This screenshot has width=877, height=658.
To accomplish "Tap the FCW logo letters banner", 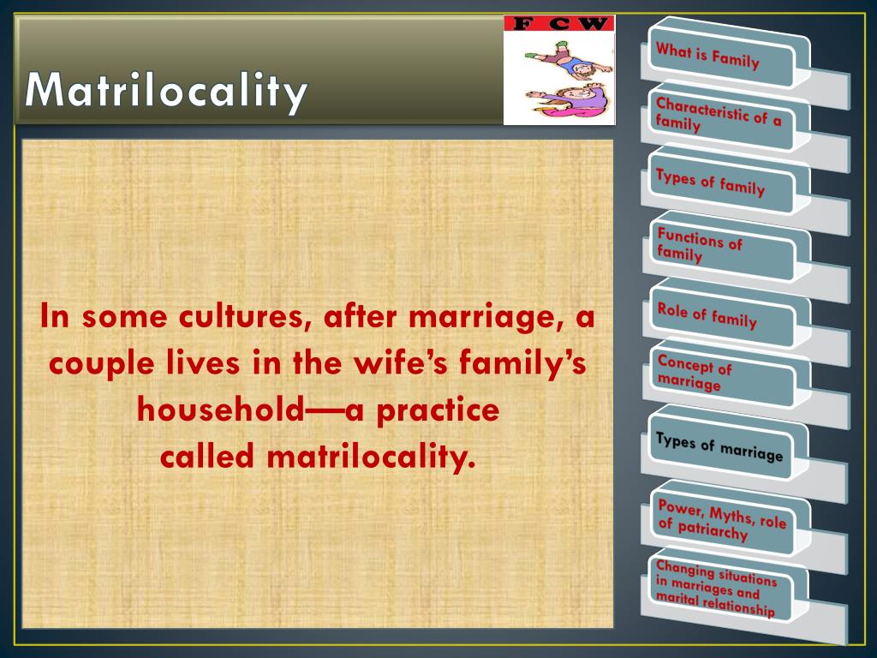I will click(x=558, y=24).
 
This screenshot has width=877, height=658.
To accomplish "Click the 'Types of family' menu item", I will click(x=710, y=182).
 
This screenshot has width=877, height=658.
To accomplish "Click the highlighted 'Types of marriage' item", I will click(x=719, y=447).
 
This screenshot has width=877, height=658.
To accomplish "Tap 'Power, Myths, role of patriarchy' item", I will click(x=720, y=517).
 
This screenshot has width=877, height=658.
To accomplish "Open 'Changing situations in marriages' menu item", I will click(x=716, y=587).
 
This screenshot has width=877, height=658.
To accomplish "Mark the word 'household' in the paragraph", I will click(x=219, y=410).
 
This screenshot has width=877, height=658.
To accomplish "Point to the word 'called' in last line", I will click(x=208, y=457).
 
